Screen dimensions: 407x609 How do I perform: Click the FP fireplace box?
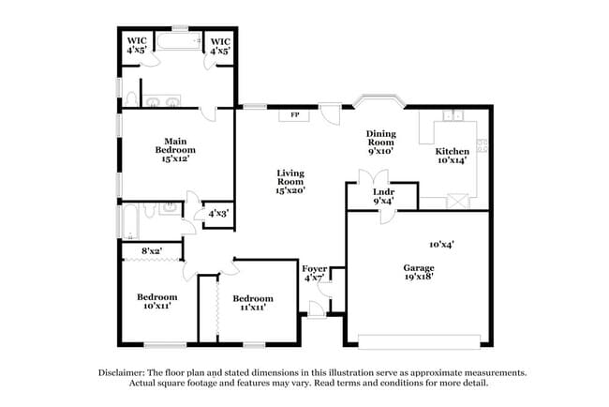click(x=293, y=115)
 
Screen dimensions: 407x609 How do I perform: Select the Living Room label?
click(x=290, y=180)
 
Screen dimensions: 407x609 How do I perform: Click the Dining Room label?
click(x=380, y=142)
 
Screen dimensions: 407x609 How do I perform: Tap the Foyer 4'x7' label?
click(x=315, y=273)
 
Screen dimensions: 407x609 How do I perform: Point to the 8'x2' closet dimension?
click(x=152, y=250)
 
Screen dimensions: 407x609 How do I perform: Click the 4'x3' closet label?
click(x=217, y=213)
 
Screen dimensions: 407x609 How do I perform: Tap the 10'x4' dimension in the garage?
click(x=441, y=244)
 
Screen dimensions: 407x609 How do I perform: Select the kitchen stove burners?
click(x=483, y=144)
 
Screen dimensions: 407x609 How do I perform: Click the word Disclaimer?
click(x=126, y=372)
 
